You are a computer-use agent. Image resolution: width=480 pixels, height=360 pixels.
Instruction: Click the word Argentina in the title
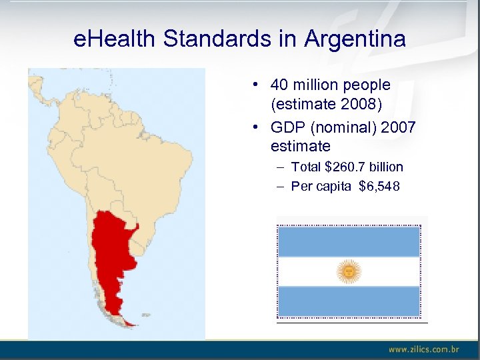coord(355,39)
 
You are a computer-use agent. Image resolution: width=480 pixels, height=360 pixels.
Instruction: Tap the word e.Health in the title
coord(115,39)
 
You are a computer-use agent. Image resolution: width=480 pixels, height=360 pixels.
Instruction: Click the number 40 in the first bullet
coord(279,85)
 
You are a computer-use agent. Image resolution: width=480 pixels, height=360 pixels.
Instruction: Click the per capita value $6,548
coord(379,186)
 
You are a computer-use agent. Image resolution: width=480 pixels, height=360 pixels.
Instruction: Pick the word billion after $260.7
coord(386,167)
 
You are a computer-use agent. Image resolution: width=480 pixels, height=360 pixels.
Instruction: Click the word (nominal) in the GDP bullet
coord(343,127)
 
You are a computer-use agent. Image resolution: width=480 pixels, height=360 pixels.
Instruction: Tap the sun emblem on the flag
coord(348,271)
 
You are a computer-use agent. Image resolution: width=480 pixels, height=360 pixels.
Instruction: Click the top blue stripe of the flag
coord(348,241)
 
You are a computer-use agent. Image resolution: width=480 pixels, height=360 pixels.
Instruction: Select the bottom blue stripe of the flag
coord(348,301)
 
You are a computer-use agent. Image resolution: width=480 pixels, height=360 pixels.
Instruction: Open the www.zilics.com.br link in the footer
coord(424,349)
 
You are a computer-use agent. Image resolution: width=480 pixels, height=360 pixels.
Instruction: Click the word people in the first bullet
coord(365,85)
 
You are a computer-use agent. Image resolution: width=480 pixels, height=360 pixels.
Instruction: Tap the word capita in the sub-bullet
coord(334,186)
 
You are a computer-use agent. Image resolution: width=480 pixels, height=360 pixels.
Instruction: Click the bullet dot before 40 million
coord(256,85)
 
